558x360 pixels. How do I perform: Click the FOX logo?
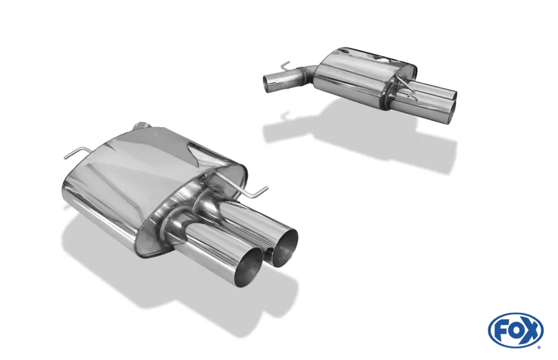click(x=515, y=330)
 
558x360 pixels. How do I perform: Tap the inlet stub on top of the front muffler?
click(x=143, y=124)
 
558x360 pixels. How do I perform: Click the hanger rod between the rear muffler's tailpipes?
click(x=406, y=89)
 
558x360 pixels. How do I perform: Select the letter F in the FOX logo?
click(x=501, y=330)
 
